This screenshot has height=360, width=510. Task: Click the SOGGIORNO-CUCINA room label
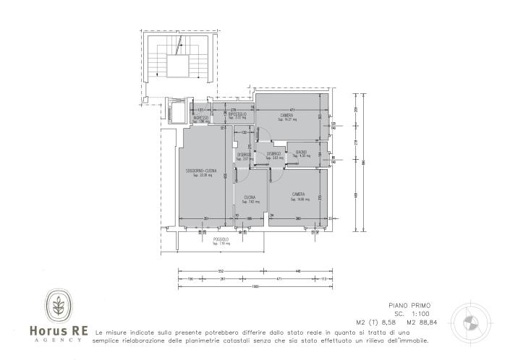[200, 171]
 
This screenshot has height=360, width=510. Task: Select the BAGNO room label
[301, 152]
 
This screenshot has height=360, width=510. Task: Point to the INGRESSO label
[200, 117]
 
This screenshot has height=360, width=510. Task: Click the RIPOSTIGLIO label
[238, 114]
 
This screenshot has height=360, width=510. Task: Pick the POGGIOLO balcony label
[221, 239]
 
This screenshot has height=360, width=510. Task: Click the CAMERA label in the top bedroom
[287, 115]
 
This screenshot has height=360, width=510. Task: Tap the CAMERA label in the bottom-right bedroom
[297, 194]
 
